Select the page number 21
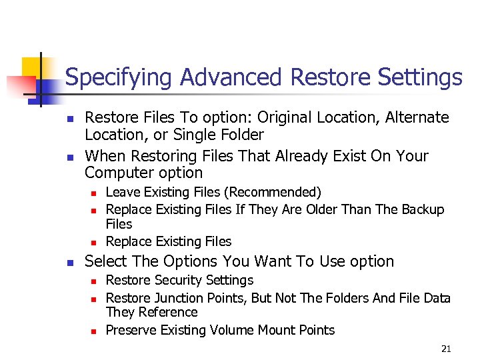[x=446, y=349]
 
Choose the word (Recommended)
[x=273, y=193]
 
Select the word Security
[x=180, y=280]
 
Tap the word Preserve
[x=131, y=330]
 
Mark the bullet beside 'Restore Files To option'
[x=68, y=119]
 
